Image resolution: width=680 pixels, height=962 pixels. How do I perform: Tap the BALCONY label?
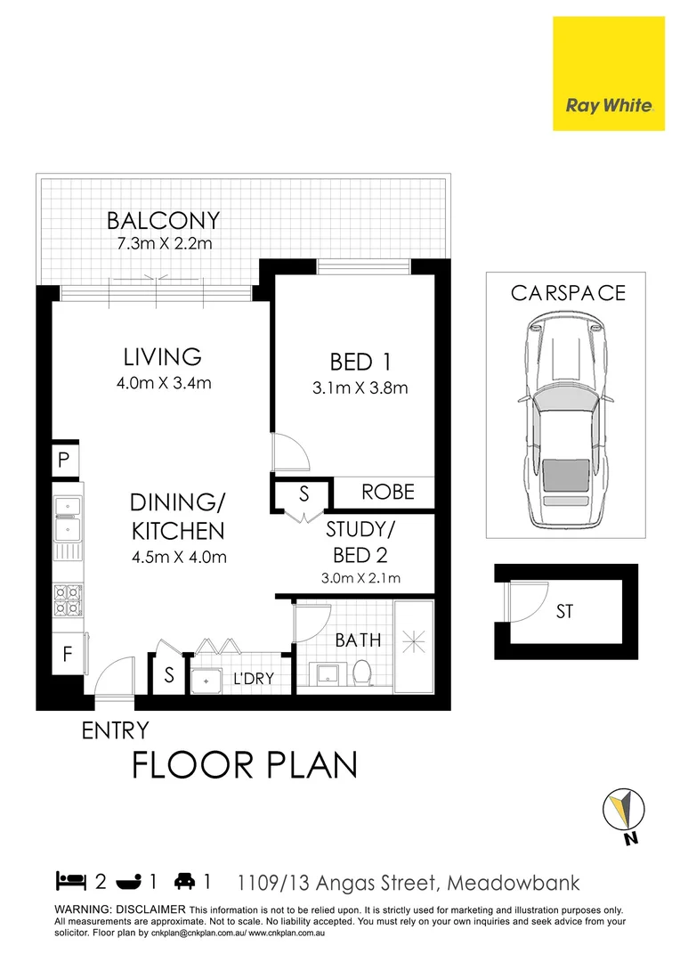pyautogui.click(x=163, y=220)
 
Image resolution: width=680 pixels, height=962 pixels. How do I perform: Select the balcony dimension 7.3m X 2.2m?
pyautogui.click(x=163, y=243)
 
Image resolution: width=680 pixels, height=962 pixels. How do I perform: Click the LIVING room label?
pyautogui.click(x=162, y=357)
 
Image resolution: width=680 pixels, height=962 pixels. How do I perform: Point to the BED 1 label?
pyautogui.click(x=360, y=363)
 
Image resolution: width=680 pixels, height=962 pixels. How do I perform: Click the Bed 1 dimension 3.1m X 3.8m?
pyautogui.click(x=360, y=387)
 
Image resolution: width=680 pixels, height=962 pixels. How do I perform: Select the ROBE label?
pyautogui.click(x=388, y=492)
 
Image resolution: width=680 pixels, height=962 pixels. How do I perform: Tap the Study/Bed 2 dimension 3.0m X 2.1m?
pyautogui.click(x=360, y=578)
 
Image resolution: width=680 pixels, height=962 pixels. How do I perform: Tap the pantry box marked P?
pyautogui.click(x=65, y=461)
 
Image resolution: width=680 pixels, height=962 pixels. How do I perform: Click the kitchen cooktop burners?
pyautogui.click(x=68, y=602)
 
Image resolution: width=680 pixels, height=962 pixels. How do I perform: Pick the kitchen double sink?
pyautogui.click(x=67, y=519)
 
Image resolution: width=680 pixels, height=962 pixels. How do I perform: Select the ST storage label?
pyautogui.click(x=564, y=612)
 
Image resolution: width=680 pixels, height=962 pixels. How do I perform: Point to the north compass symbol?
pyautogui.click(x=624, y=813)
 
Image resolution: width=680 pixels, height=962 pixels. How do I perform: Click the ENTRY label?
pyautogui.click(x=115, y=731)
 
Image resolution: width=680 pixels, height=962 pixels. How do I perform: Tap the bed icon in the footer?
pyautogui.click(x=70, y=882)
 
